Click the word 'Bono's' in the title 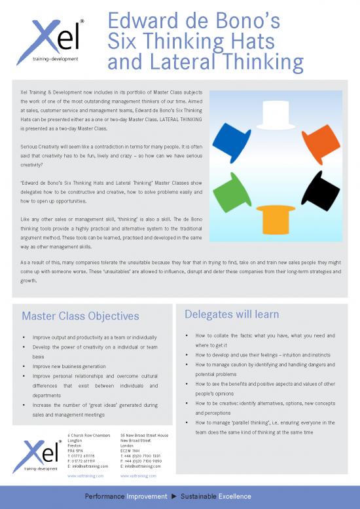(x=248, y=21)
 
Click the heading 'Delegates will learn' (x=232, y=314)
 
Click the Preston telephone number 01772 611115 (x=85, y=456)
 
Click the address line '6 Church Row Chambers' (x=89, y=436)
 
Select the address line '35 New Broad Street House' (x=145, y=436)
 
